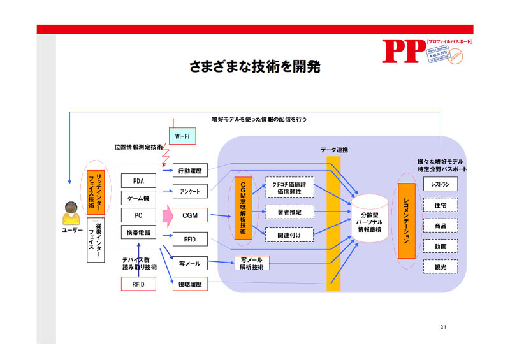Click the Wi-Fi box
click(182, 136)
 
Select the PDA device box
click(138, 181)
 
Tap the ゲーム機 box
click(138, 198)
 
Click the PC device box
click(138, 215)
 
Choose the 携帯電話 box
click(138, 233)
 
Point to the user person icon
click(71, 213)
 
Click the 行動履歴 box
click(190, 171)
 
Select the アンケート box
click(190, 191)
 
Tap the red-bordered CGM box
click(190, 215)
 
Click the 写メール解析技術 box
click(251, 263)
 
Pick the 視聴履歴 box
click(190, 285)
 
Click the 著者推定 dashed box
click(289, 212)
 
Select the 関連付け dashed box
click(289, 234)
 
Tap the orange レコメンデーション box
click(407, 220)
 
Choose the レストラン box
click(440, 184)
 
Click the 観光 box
click(440, 267)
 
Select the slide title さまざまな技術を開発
click(254, 66)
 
